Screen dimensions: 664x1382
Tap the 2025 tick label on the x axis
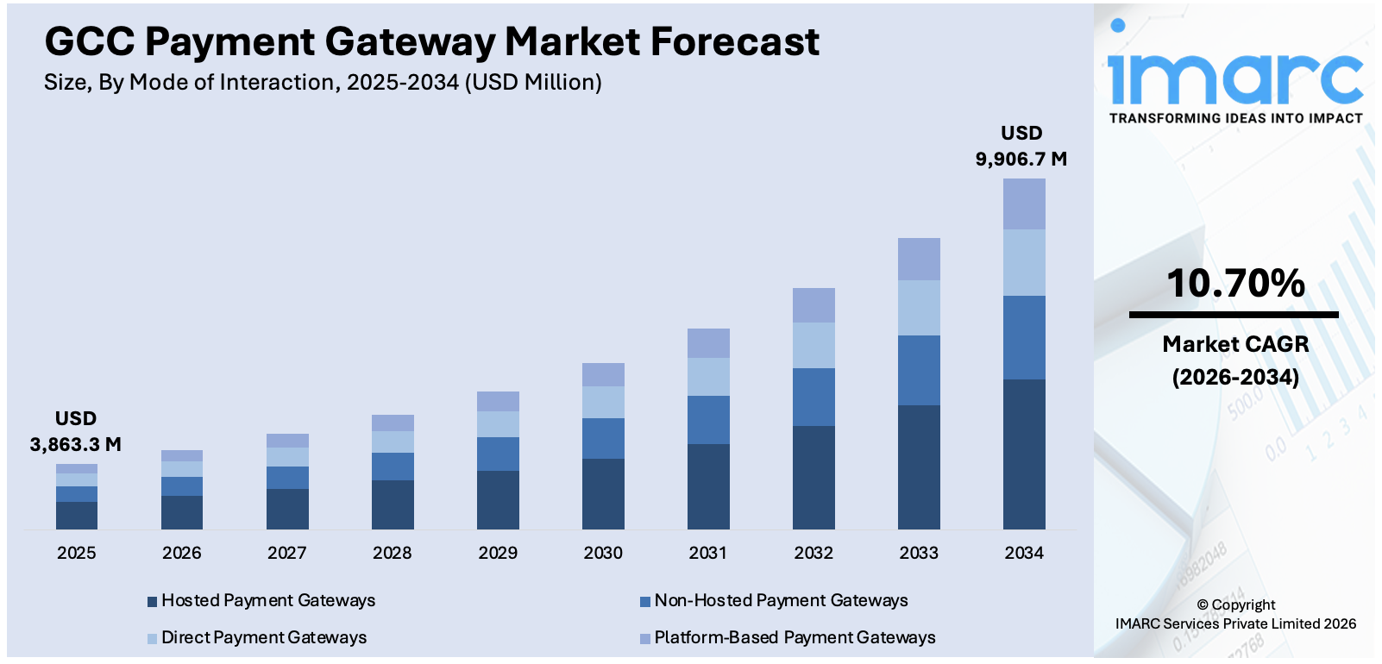[x=77, y=553]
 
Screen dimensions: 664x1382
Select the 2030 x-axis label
[x=603, y=553]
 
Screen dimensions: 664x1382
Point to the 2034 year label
[x=1024, y=553]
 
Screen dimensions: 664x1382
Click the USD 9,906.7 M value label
[x=1021, y=147]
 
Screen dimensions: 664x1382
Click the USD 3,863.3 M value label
[x=76, y=432]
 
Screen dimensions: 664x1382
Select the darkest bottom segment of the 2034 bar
[x=1024, y=454]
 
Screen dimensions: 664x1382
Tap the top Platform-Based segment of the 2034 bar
[x=1024, y=204]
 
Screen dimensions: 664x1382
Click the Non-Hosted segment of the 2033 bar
[x=919, y=370]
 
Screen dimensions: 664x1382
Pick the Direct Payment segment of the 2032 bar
[x=813, y=345]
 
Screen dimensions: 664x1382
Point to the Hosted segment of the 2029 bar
[x=498, y=499]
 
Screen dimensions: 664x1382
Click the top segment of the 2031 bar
[x=708, y=343]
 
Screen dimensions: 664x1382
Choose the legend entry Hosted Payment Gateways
[x=267, y=600]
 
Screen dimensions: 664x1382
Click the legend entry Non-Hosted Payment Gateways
[x=780, y=600]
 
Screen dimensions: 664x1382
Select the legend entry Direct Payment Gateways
[x=263, y=637]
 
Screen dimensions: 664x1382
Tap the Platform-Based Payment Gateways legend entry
[x=794, y=637]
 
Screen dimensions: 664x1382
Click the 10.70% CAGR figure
[x=1235, y=283]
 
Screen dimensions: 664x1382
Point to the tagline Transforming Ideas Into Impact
[x=1235, y=118]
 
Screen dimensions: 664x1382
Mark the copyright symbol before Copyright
[x=1203, y=605]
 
